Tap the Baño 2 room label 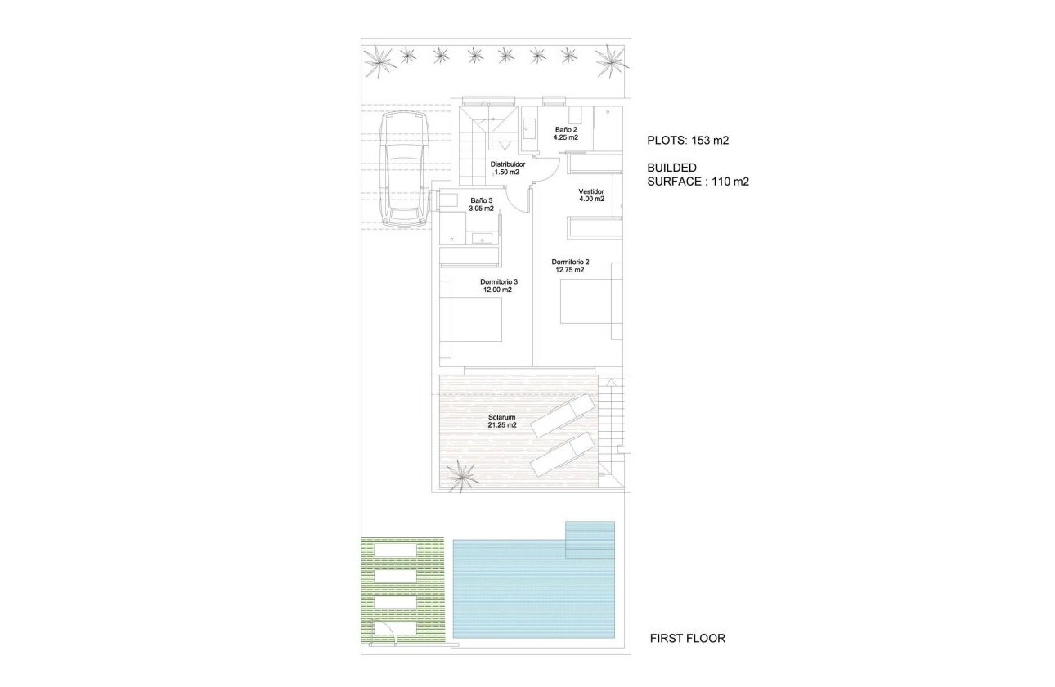(x=566, y=133)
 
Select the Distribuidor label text (x=507, y=168)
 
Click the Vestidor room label (x=590, y=195)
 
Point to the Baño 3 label (x=482, y=204)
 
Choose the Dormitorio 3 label (x=498, y=285)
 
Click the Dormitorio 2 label (x=570, y=267)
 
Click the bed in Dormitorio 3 (x=472, y=320)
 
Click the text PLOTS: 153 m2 (x=687, y=140)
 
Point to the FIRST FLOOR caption (x=687, y=638)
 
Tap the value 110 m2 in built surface (x=730, y=182)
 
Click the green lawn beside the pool (x=402, y=587)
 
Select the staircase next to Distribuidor (x=474, y=147)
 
